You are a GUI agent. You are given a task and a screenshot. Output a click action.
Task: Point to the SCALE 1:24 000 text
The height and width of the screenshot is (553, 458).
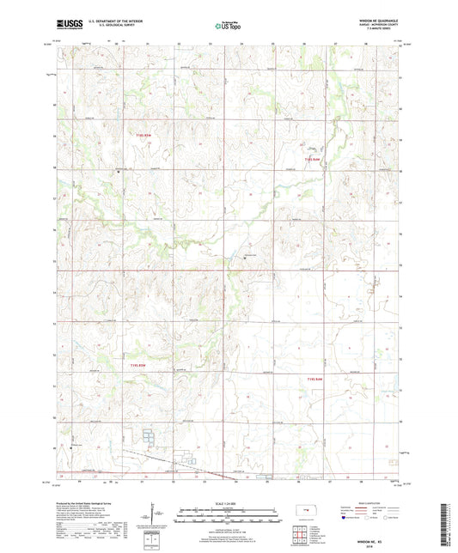coord(229,503)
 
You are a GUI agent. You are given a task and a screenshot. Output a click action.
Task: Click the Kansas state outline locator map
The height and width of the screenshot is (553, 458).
coord(303,514)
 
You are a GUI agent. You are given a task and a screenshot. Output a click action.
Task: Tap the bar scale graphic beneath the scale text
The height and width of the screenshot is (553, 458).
coord(229,518)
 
